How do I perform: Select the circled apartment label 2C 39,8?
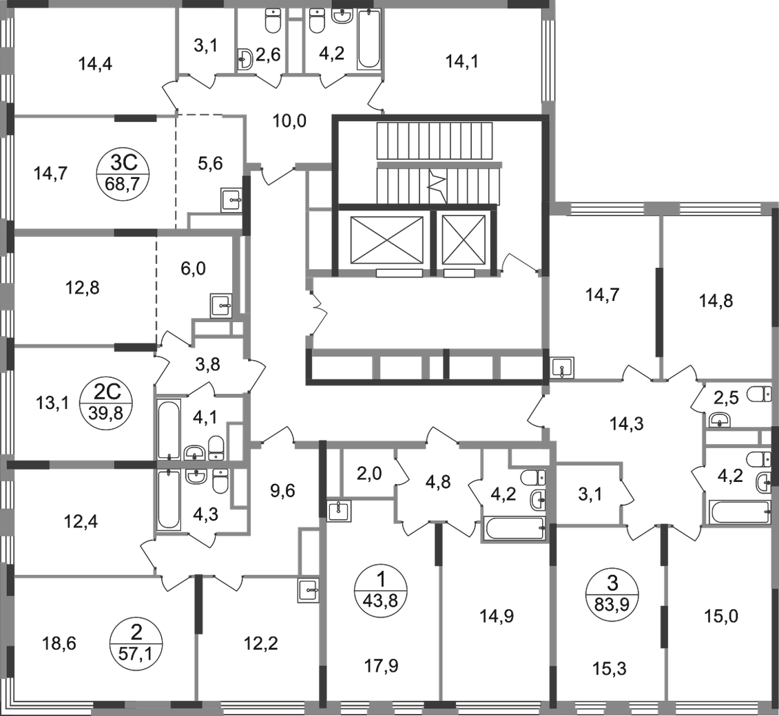coord(106,403)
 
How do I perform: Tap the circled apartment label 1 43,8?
coord(381,590)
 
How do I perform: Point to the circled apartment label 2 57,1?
coord(136,642)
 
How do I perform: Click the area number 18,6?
coord(59,644)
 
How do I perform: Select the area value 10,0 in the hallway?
coord(290,120)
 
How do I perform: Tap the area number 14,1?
coord(462,62)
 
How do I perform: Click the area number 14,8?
coord(716,301)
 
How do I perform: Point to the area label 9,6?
coord(282,491)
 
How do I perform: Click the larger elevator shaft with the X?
coord(386,240)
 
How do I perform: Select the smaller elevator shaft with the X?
coord(464,240)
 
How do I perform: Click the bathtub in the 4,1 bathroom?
coord(169,430)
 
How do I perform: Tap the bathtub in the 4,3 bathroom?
coord(169,500)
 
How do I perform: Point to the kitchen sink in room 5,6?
coord(231,200)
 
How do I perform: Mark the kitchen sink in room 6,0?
coord(221,306)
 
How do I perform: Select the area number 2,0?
coord(369,474)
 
